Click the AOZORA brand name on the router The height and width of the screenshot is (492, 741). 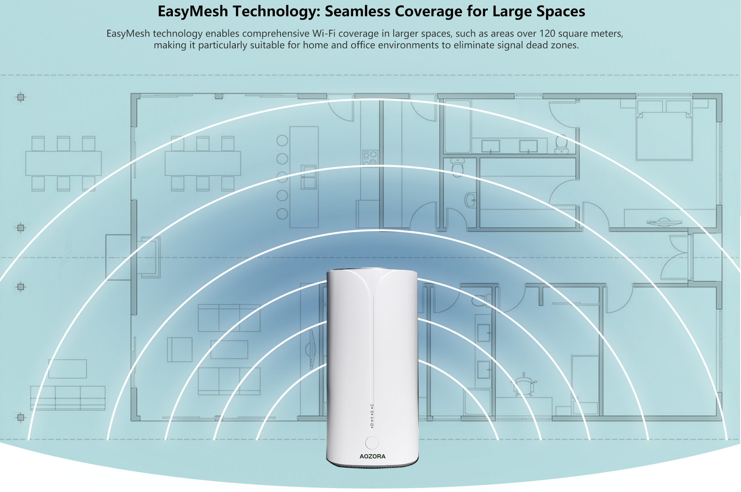[x=372, y=456]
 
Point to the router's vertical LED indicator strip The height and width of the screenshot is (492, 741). [x=372, y=416]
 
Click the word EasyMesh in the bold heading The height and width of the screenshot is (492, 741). [x=193, y=12]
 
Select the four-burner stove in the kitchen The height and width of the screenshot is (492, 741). [x=370, y=158]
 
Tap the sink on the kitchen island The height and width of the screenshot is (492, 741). [x=309, y=177]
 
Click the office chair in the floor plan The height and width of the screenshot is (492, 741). [x=524, y=384]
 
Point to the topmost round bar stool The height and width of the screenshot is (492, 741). [x=282, y=140]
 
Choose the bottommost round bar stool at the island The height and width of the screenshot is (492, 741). [x=282, y=214]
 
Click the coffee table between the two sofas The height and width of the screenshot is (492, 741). [x=229, y=349]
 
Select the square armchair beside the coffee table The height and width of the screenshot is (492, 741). [x=179, y=350]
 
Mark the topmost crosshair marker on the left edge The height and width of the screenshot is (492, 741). [x=21, y=97]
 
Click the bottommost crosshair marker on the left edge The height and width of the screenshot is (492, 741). [x=21, y=417]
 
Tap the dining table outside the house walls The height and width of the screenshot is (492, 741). [x=64, y=163]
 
